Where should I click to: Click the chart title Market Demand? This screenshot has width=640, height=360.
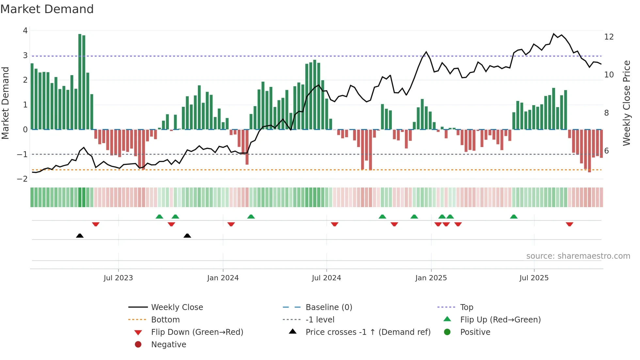(47, 9)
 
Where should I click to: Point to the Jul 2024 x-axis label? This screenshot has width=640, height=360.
(326, 278)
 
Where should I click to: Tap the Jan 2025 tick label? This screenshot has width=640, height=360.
(431, 278)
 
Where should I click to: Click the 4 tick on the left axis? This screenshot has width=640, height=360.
(25, 31)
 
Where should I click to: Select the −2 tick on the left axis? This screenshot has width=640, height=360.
(23, 179)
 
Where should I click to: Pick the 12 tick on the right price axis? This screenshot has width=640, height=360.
(609, 37)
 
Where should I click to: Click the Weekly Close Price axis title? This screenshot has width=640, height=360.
(626, 103)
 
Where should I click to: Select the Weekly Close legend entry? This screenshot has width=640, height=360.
(177, 307)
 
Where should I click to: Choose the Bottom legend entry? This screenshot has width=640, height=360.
(165, 319)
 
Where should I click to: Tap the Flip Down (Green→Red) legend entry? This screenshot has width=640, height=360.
(197, 332)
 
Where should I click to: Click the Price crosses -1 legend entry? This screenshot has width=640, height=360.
(368, 332)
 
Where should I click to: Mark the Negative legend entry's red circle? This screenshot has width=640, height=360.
(138, 344)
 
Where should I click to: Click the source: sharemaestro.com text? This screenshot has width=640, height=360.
(578, 256)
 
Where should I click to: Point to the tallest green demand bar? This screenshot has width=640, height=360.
(80, 82)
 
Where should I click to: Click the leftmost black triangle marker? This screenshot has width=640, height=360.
(80, 236)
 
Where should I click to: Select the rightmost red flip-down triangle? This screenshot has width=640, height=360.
(569, 224)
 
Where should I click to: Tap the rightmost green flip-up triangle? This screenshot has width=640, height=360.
(514, 217)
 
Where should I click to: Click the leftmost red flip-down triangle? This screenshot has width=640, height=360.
(96, 224)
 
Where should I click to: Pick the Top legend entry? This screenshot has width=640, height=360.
(467, 307)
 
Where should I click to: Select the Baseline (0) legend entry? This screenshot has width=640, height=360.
(329, 307)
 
